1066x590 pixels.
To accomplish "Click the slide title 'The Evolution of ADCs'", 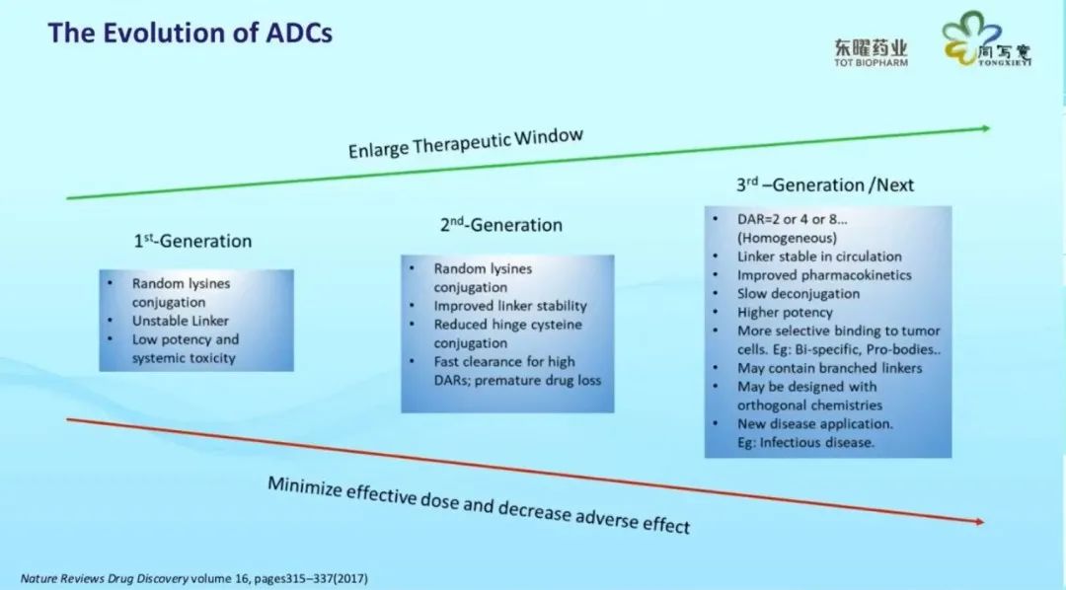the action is point(190,33).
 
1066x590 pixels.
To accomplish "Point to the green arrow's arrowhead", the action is point(985,128).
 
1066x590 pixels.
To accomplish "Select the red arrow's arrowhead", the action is point(979,521).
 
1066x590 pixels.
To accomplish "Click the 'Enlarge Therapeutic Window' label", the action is point(466,143).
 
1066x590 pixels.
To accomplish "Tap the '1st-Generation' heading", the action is point(192,241).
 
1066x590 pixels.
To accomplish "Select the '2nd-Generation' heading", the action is point(501,224).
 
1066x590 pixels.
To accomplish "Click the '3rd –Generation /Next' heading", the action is point(824,184).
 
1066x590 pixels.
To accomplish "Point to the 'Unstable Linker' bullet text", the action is point(181,321).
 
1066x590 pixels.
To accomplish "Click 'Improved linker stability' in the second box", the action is point(510,306).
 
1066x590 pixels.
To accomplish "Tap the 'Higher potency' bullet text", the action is point(785,313).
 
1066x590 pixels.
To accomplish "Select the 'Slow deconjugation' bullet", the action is point(799,294).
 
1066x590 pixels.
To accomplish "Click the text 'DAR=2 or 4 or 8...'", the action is point(792,219).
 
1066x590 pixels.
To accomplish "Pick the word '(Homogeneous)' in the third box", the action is point(787,238).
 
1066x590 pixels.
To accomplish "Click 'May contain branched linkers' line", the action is point(829,368).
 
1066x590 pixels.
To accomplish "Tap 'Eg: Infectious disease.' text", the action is point(805,442).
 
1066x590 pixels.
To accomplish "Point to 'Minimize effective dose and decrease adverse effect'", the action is point(479,504).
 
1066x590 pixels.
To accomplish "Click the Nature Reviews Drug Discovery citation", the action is point(193,578).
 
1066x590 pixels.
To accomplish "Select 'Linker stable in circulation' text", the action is point(819,257).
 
